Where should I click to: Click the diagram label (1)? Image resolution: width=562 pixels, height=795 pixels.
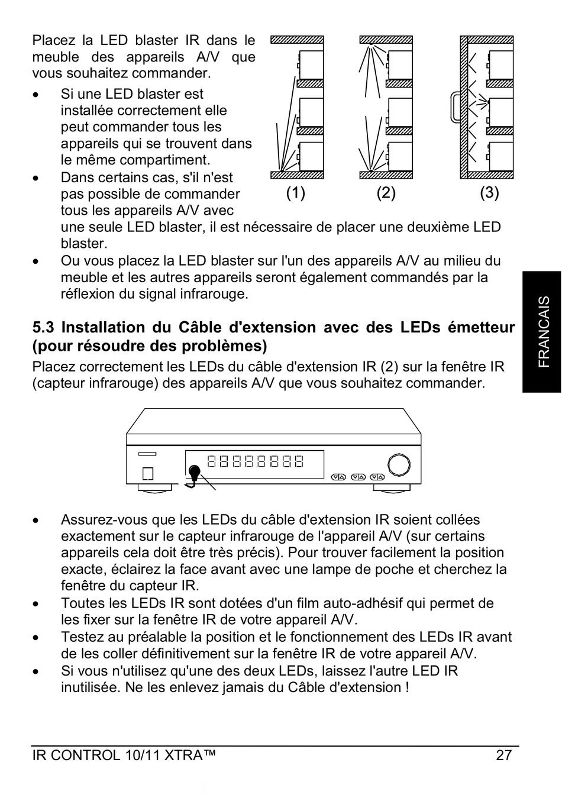tap(295, 193)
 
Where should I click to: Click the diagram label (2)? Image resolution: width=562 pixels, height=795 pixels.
tap(386, 193)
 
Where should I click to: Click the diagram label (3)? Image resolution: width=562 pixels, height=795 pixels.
tap(489, 193)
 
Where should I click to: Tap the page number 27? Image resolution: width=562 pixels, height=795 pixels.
tap(503, 755)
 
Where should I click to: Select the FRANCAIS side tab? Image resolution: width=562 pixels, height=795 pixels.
tap(542, 332)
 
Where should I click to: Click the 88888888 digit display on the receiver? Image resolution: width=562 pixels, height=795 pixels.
tap(256, 461)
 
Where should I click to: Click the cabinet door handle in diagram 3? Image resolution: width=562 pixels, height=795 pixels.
tap(454, 108)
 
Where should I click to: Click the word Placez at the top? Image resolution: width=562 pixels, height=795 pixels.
tap(54, 41)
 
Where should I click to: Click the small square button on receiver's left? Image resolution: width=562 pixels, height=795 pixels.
tap(148, 473)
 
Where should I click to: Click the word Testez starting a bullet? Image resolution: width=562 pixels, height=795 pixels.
tap(80, 637)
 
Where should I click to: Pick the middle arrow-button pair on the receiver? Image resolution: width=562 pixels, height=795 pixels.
tap(358, 477)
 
